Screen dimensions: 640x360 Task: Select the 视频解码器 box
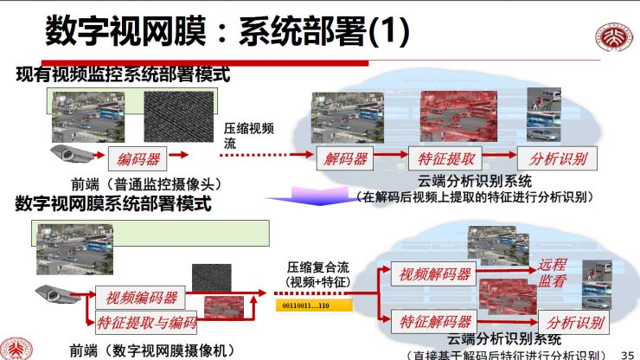click(434, 274)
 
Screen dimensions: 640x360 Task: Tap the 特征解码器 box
click(435, 321)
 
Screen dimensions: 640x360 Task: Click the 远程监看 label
click(553, 273)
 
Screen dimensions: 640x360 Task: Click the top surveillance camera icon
click(70, 154)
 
